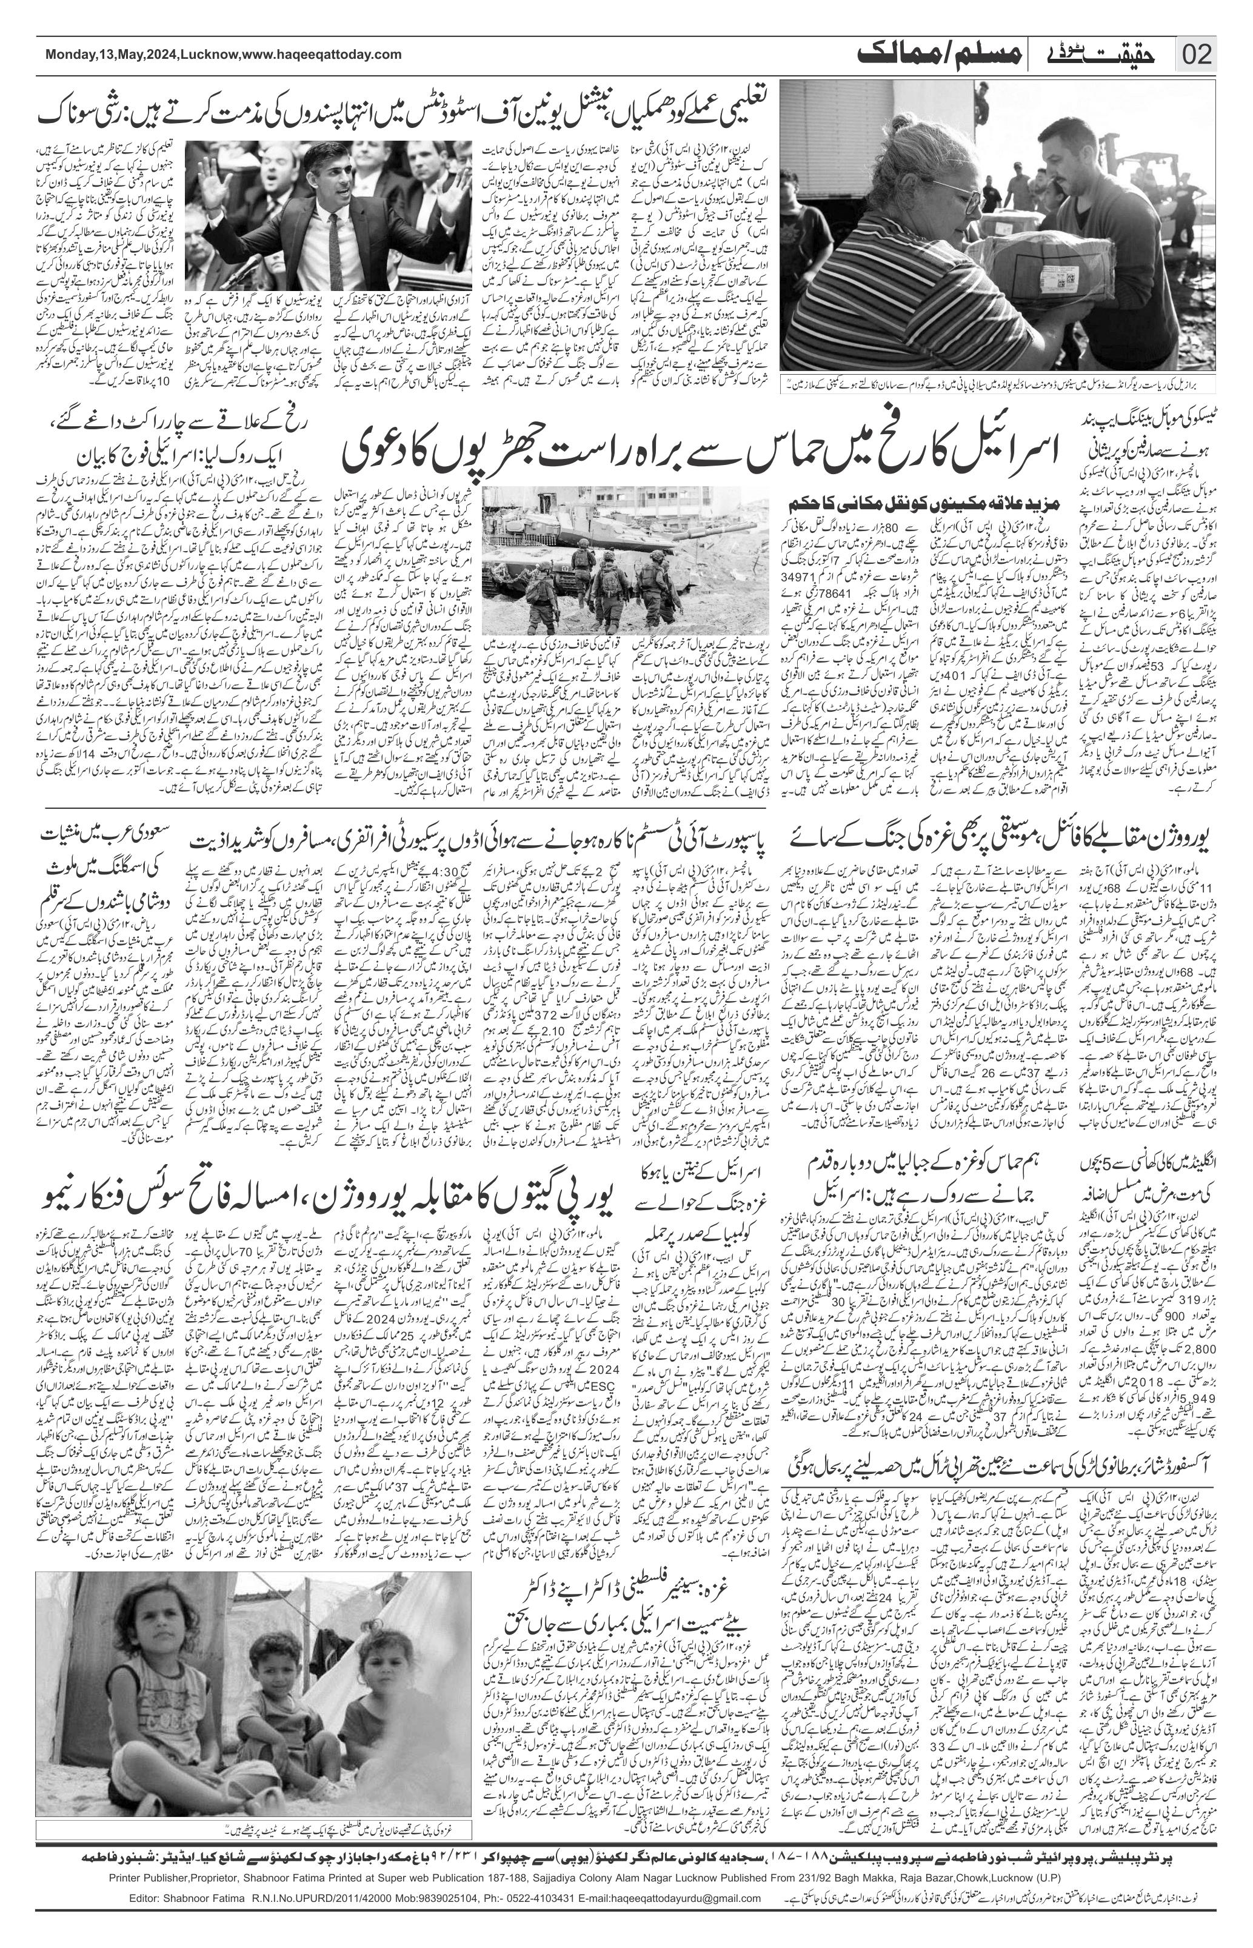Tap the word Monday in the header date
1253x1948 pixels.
click(x=72, y=55)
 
